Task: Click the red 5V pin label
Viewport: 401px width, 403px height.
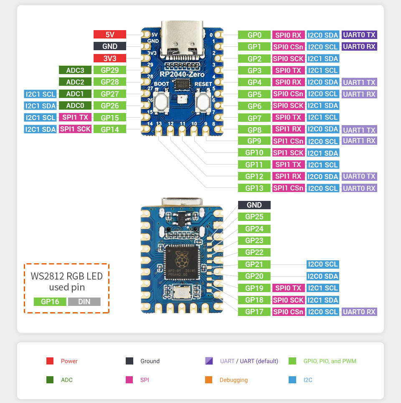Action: [x=110, y=35]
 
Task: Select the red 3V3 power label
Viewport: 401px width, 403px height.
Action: [x=110, y=59]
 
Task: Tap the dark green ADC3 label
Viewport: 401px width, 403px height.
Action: [x=75, y=70]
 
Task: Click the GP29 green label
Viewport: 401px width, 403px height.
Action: [x=110, y=70]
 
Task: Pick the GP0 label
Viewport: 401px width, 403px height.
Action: [x=254, y=35]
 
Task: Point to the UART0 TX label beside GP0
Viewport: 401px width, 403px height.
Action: [x=359, y=35]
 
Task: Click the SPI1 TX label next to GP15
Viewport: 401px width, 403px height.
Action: [x=75, y=118]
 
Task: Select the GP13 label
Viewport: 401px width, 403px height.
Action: [x=254, y=188]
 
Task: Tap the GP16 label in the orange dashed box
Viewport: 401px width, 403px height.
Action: [x=50, y=302]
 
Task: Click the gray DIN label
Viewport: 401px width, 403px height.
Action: [x=84, y=302]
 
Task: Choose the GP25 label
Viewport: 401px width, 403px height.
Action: [x=254, y=217]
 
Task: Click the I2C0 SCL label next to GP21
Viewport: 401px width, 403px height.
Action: [x=322, y=264]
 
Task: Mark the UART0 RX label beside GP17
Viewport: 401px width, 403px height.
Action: [x=359, y=312]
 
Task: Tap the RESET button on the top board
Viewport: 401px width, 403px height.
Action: [x=203, y=101]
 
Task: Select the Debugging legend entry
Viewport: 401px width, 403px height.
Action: [x=233, y=380]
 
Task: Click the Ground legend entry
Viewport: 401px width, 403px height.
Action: [x=150, y=361]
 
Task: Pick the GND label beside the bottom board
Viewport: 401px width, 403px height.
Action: [x=254, y=205]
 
